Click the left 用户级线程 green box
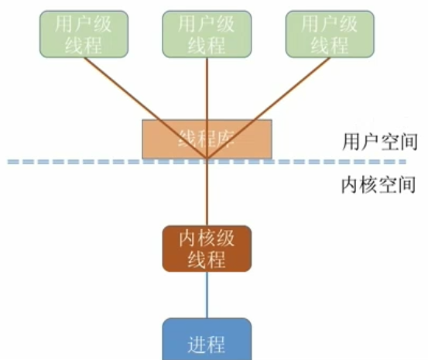tap(84, 34)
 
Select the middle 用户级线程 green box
tap(207, 34)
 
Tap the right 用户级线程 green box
tap(329, 34)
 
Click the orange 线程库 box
tap(207, 139)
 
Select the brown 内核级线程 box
tap(207, 249)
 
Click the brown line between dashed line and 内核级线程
tap(207, 194)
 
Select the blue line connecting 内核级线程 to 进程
tap(207, 294)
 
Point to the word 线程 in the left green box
tap(84, 44)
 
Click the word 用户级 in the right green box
tap(329, 24)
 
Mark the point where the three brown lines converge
tap(207, 161)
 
